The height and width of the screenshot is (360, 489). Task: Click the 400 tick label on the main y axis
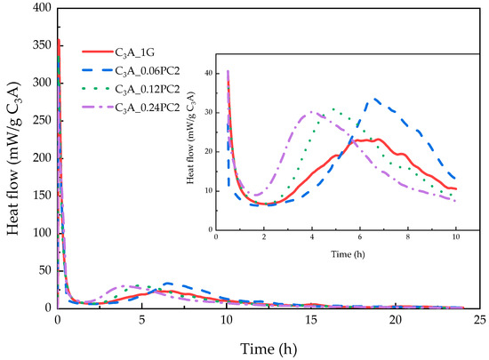point(42,8)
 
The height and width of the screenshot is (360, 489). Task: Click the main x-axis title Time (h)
point(269,348)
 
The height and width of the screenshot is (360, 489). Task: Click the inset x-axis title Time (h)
point(348,254)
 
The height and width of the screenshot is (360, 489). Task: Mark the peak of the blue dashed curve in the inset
point(374,99)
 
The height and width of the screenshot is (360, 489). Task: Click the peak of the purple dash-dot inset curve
point(312,112)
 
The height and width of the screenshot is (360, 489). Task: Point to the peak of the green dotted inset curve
point(333,108)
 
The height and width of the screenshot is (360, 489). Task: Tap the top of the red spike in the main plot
point(59,40)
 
